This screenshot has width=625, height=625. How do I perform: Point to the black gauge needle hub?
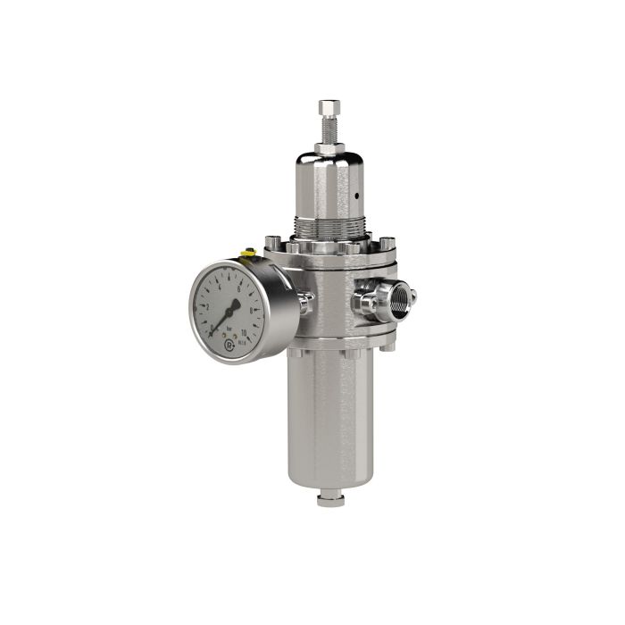pos(229,312)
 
